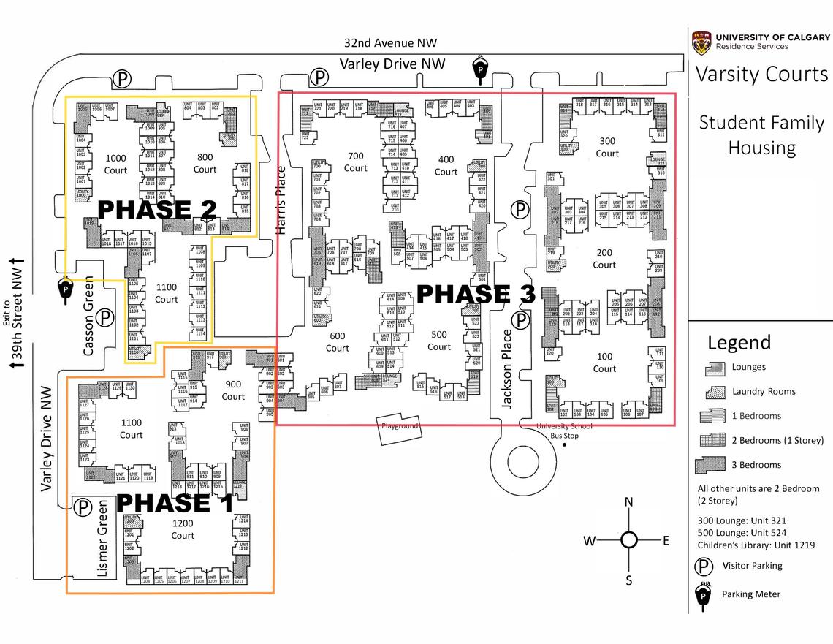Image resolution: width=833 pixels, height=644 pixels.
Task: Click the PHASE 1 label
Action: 175,503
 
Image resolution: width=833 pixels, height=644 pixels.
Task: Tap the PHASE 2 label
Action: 157,210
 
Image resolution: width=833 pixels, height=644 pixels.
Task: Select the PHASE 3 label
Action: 476,294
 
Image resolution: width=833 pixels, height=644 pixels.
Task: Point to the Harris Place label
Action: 281,200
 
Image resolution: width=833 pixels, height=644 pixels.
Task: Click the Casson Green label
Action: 88,316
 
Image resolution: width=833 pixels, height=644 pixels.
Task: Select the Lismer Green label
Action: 102,538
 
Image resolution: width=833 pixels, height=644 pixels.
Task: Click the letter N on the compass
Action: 628,502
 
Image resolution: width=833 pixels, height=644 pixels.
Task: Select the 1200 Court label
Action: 183,530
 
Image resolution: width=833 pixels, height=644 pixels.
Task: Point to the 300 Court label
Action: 607,147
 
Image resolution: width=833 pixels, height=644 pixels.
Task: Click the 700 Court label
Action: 356,162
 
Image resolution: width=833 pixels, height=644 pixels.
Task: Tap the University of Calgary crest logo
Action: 701,42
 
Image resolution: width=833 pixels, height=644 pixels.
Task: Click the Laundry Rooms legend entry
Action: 763,391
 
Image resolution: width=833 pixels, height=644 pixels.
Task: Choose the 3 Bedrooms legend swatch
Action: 712,464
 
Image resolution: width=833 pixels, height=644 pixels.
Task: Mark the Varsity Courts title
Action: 761,75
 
